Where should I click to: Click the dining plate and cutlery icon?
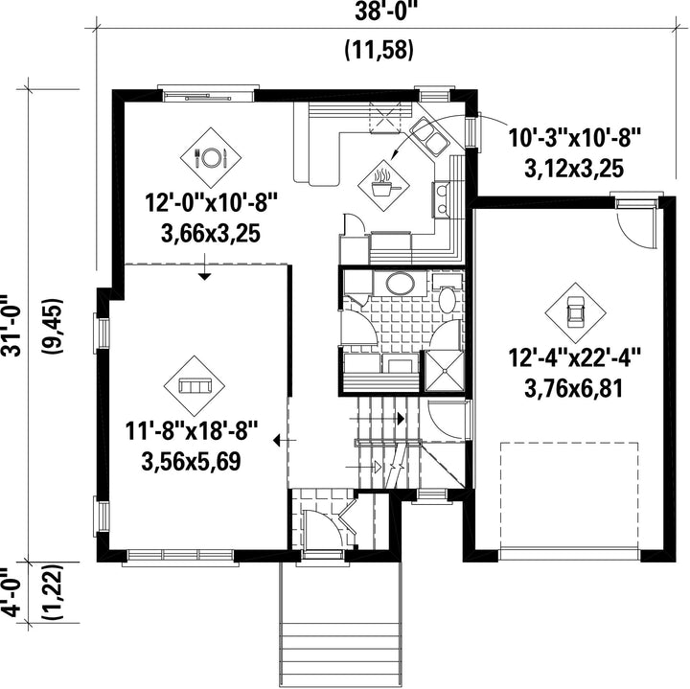click(211, 156)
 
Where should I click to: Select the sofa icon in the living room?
click(194, 386)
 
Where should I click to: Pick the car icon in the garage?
click(575, 311)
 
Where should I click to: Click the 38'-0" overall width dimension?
click(386, 12)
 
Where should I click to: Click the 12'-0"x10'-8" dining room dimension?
click(212, 204)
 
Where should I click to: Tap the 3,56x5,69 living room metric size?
click(191, 461)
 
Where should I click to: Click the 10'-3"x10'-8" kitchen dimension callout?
click(574, 137)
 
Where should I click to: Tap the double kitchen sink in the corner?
click(429, 135)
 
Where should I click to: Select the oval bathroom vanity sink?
click(400, 283)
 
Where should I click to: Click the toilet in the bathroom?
click(448, 295)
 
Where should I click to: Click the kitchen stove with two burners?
click(441, 199)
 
